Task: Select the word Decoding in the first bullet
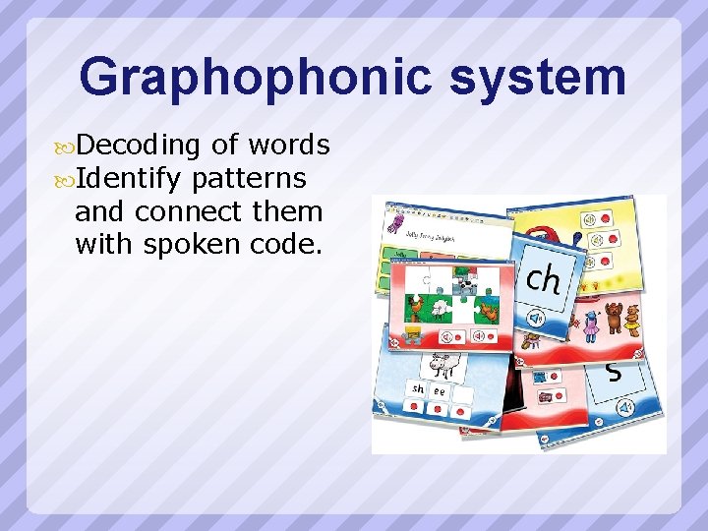(x=138, y=146)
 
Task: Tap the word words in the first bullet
(x=289, y=146)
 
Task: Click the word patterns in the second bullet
(x=250, y=179)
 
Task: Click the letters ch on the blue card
(x=543, y=280)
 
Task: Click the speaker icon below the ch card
(x=537, y=319)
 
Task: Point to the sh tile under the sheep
(x=419, y=388)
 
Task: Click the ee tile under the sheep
(x=440, y=390)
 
